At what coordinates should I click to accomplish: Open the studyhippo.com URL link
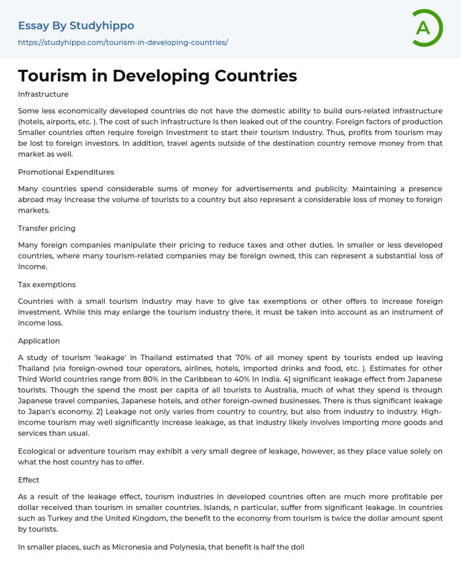(123, 43)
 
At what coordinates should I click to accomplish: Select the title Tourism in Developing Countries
(157, 75)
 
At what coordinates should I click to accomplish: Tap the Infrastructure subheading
(43, 94)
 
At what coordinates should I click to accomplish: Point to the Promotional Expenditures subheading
(66, 172)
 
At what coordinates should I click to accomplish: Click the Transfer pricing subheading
(47, 228)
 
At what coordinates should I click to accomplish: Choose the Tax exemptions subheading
(47, 285)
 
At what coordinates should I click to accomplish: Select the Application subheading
(39, 341)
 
